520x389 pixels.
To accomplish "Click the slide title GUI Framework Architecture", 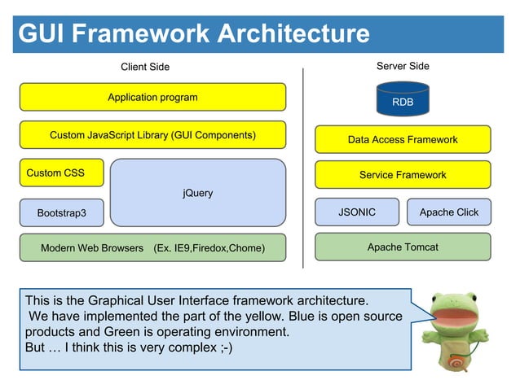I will [194, 34].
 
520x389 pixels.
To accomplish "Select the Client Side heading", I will [145, 67].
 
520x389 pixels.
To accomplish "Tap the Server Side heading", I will [403, 66].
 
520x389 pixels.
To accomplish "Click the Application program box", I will [152, 97].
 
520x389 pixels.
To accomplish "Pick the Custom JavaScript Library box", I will [152, 135].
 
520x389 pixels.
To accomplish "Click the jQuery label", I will [198, 193].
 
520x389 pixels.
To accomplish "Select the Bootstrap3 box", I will [61, 212].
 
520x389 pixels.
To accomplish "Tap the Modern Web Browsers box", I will [152, 247].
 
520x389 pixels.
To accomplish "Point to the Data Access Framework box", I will [403, 139].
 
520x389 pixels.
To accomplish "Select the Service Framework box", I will [403, 175].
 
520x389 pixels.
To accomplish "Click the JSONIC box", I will [357, 212].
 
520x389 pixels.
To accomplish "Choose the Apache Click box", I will [449, 212].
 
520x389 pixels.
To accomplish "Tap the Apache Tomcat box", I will [403, 247].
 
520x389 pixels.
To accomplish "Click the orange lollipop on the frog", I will [458, 361].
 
